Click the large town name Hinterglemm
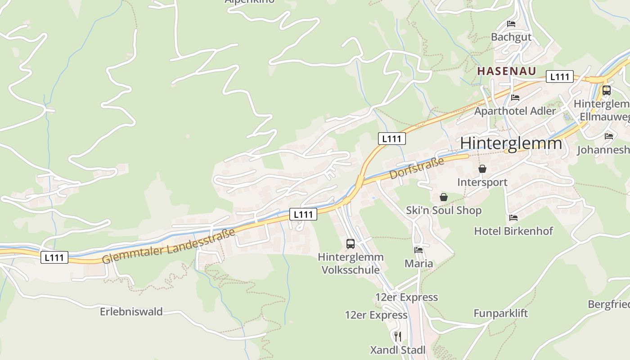(511, 143)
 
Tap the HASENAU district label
(507, 71)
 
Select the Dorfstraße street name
(417, 168)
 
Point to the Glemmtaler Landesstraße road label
(169, 246)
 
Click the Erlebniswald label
(131, 311)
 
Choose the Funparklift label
(500, 313)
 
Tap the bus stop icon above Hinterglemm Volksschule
(351, 244)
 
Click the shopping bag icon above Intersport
(482, 169)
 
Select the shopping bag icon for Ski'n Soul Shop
(444, 197)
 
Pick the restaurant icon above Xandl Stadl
(397, 336)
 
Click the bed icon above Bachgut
(511, 23)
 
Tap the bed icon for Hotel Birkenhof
(513, 218)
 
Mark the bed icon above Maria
(418, 250)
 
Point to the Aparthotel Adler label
(515, 111)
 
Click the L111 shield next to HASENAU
(560, 77)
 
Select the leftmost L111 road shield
(54, 257)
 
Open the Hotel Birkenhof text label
(513, 231)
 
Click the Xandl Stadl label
(397, 350)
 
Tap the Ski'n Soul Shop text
(444, 210)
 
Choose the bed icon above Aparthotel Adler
(515, 97)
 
